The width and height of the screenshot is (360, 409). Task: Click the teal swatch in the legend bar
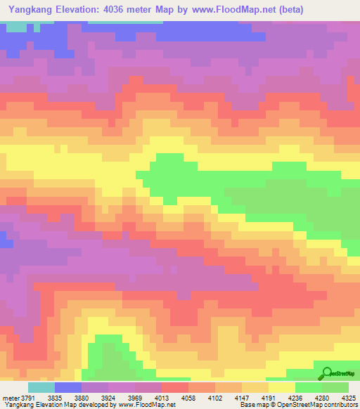(41, 387)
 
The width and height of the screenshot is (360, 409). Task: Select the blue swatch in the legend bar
(68, 387)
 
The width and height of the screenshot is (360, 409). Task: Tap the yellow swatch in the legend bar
(282, 387)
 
